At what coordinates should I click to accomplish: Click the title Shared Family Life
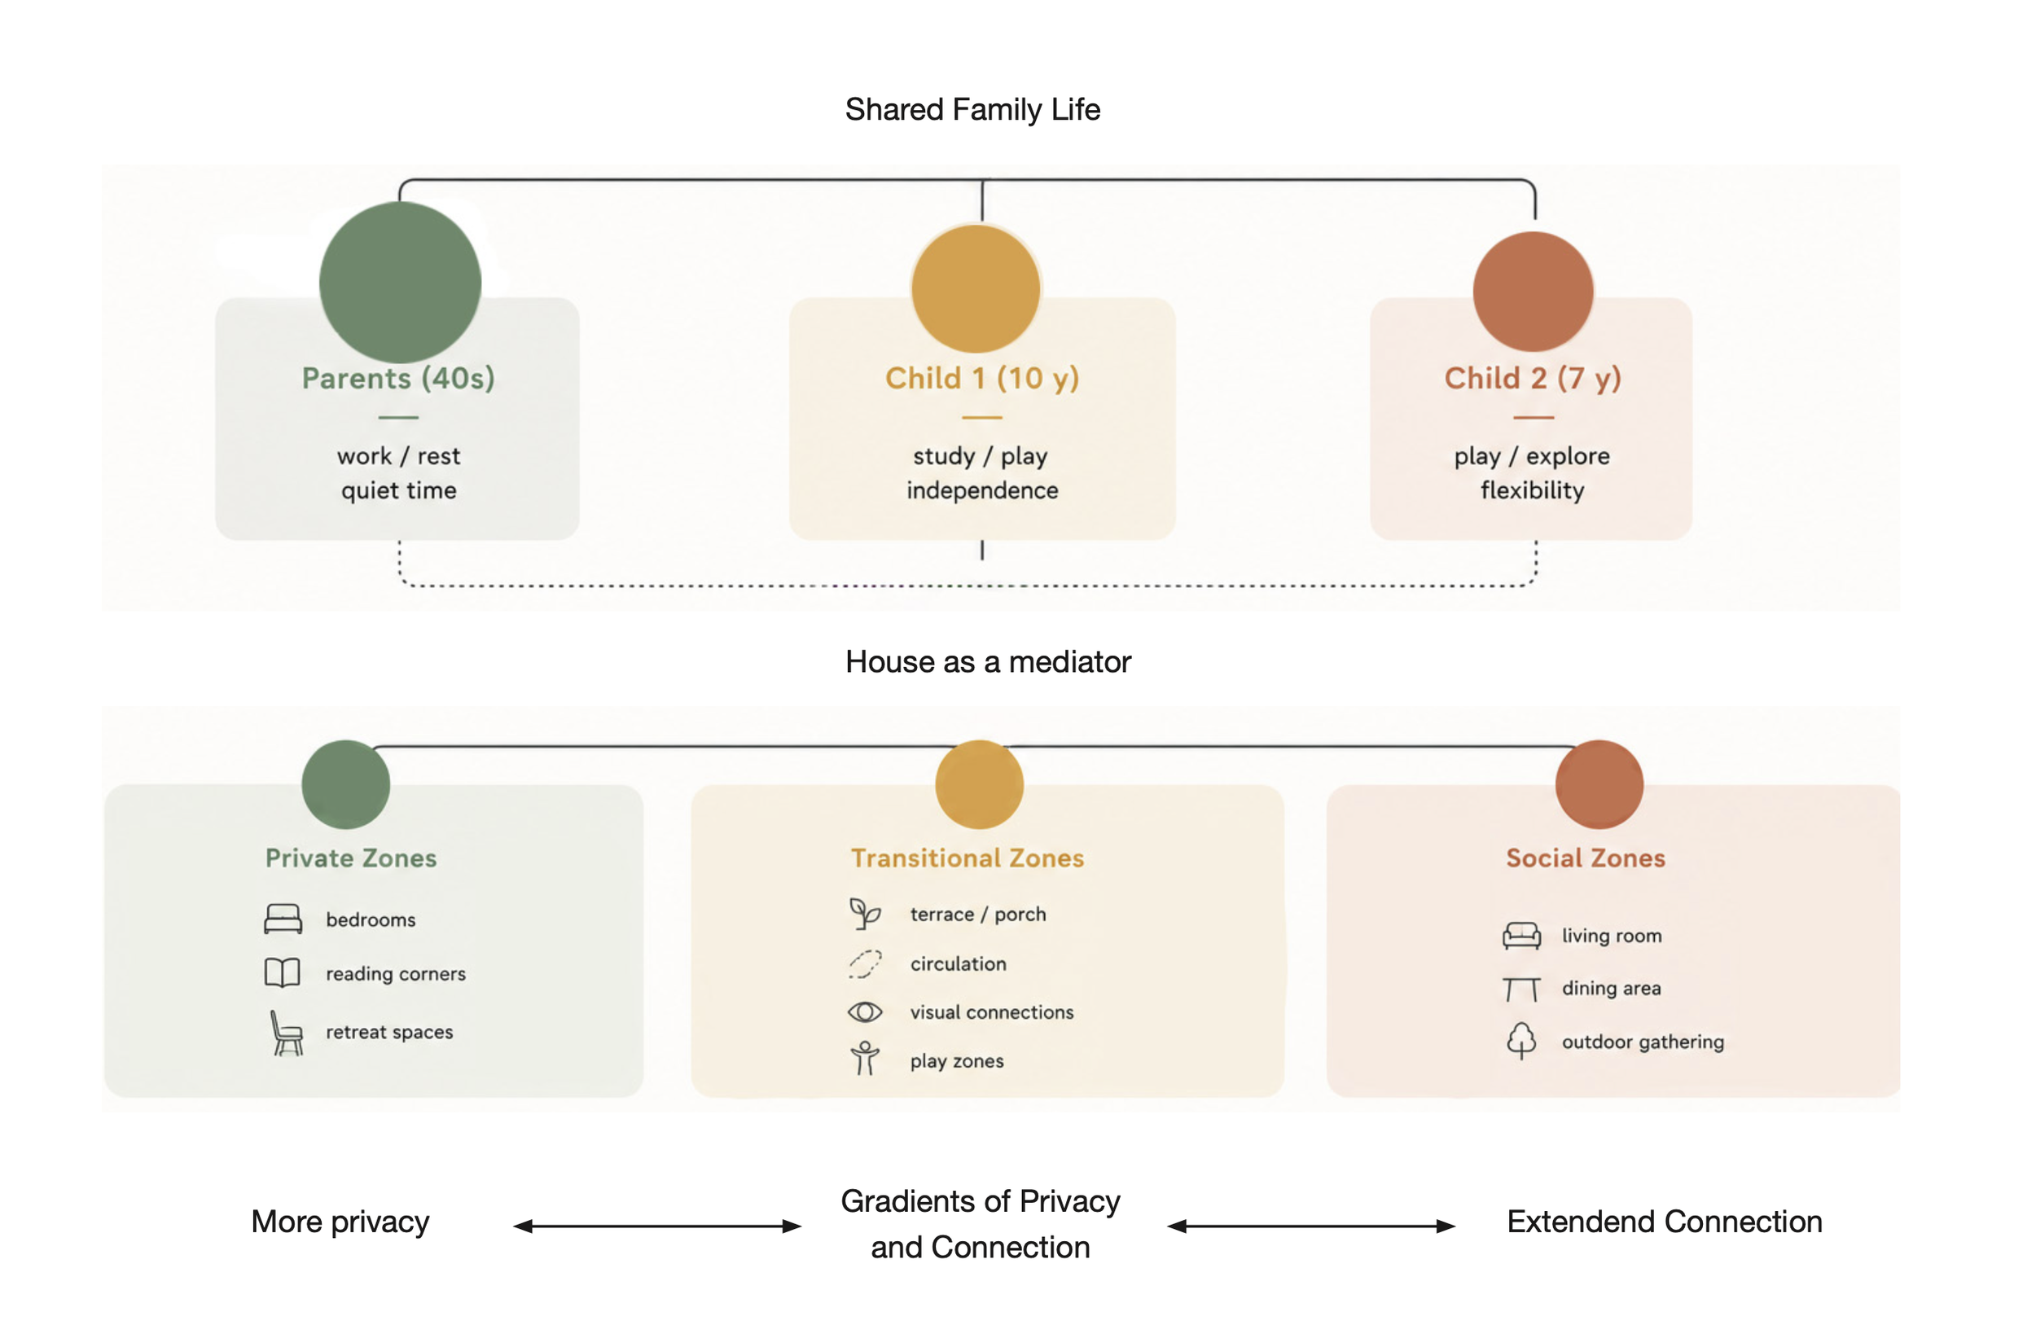972,109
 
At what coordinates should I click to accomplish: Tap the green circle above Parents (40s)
401,283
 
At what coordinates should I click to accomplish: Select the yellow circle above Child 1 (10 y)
976,288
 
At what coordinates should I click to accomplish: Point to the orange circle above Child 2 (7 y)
1533,292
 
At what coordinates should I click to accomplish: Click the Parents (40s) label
398,378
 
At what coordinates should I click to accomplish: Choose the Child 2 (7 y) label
1533,378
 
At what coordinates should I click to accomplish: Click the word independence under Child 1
982,490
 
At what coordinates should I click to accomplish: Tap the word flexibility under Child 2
1532,490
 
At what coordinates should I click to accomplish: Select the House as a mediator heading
988,661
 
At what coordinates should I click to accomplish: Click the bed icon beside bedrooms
283,919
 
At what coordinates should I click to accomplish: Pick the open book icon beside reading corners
283,973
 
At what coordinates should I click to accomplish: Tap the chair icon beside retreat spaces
287,1033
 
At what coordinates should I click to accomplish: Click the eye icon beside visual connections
865,1012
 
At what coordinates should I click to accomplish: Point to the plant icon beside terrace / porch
865,914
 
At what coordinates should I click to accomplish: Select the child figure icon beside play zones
865,1059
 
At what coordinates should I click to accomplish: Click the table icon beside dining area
1521,990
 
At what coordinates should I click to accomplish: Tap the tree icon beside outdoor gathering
1521,1041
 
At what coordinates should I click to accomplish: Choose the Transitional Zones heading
968,858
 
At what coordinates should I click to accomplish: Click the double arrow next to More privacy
657,1226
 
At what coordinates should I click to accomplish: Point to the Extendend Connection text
1665,1222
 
